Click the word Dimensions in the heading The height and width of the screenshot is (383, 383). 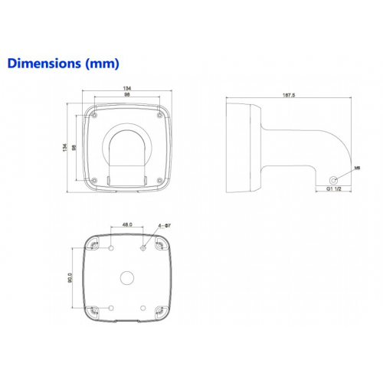point(44,63)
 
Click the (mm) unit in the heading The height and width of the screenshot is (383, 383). point(102,64)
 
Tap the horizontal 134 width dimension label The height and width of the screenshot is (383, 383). point(127,88)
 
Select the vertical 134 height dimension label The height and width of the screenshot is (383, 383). point(65,147)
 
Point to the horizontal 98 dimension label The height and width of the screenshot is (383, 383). point(127,94)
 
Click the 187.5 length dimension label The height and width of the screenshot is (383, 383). point(289,95)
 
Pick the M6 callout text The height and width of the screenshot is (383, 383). point(357,168)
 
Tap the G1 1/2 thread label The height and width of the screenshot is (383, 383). point(334,189)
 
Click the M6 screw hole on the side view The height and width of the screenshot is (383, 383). point(333,180)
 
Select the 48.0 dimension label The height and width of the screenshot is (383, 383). point(127,224)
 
